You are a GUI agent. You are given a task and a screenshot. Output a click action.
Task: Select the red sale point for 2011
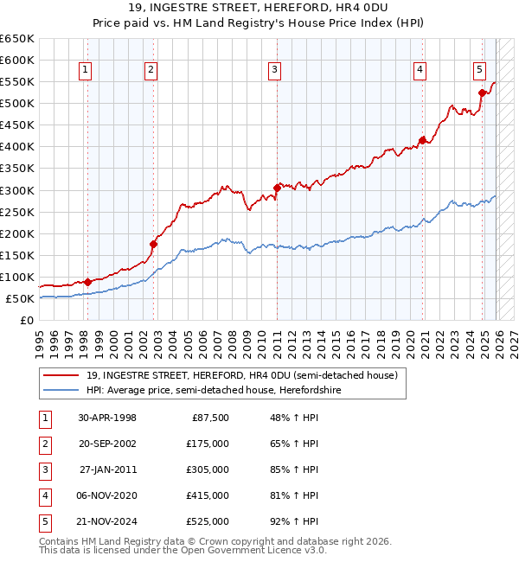277,188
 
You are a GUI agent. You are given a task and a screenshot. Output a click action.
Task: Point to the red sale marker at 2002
153,244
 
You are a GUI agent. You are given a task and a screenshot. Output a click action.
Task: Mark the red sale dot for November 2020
422,140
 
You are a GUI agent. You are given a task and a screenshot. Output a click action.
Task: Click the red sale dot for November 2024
482,93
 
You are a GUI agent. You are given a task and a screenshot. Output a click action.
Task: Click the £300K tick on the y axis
16,190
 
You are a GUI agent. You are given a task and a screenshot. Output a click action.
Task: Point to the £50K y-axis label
19,298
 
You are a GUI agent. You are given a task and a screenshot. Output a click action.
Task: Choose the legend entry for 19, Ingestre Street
241,375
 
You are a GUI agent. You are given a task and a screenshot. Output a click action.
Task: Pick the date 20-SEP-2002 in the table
107,444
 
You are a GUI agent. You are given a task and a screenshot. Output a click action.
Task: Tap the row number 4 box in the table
42,495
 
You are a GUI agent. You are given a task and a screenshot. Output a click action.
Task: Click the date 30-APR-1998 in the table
107,418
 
